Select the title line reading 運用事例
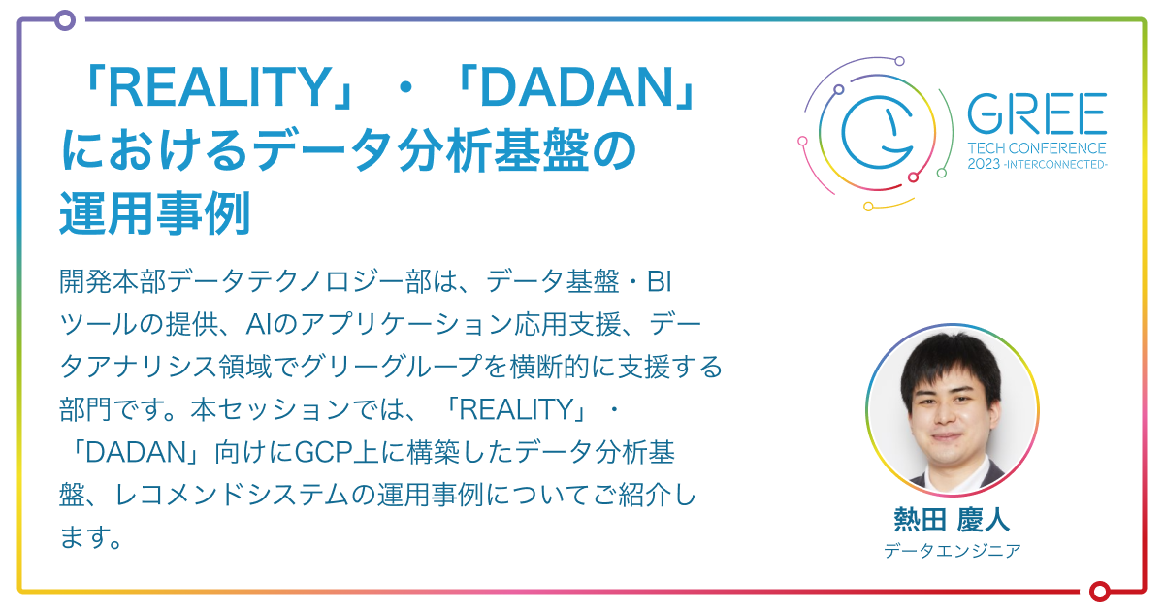(154, 213)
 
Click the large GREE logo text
(1036, 115)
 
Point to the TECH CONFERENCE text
(1036, 148)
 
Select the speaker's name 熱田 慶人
(952, 519)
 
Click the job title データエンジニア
(952, 551)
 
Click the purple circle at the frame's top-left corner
(64, 19)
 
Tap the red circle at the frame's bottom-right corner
(1099, 591)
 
